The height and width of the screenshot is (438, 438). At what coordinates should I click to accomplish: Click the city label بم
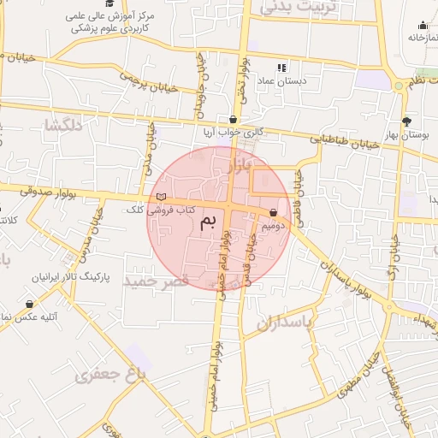tap(209, 223)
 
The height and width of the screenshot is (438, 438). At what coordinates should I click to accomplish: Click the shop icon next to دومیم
tap(273, 213)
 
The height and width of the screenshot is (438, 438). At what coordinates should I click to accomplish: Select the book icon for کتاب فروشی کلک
tap(161, 198)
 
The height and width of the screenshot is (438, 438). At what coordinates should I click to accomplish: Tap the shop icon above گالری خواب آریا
tap(233, 120)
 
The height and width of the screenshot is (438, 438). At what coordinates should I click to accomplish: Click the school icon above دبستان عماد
tap(281, 68)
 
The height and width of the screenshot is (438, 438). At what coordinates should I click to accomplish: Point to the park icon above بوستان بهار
tap(406, 121)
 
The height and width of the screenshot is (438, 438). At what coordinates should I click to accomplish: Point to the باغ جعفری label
tap(110, 375)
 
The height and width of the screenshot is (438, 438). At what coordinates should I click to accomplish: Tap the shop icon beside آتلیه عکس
tap(30, 304)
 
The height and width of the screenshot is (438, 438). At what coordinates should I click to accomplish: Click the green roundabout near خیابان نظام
tap(398, 86)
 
